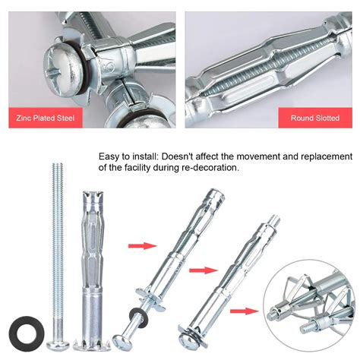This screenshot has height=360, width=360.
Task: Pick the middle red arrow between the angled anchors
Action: click(200, 268)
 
